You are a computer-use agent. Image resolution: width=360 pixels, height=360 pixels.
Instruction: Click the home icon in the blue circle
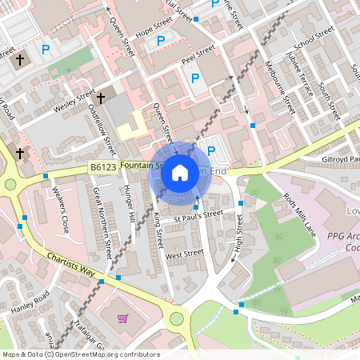[x=180, y=173]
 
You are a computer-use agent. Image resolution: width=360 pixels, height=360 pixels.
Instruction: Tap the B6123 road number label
[x=103, y=167]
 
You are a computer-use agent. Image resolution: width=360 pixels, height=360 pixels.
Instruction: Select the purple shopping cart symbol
[x=123, y=318]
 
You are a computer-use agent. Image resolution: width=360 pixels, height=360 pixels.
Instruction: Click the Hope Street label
[x=154, y=26]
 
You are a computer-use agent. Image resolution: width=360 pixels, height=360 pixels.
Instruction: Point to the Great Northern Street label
[x=102, y=223]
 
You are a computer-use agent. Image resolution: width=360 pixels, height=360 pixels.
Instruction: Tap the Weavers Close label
[x=60, y=210]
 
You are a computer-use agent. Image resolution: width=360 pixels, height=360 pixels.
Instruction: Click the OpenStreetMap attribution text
[x=80, y=354]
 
